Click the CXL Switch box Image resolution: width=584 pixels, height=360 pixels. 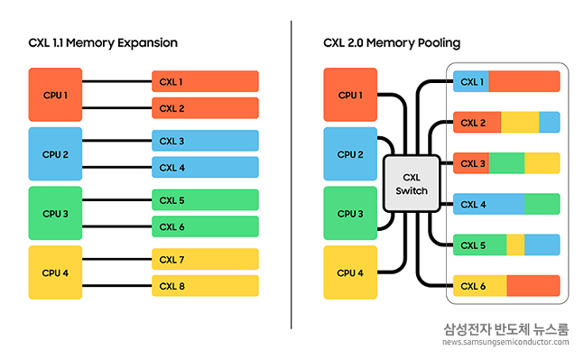click(x=411, y=183)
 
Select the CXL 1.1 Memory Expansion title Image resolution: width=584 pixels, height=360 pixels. click(x=103, y=42)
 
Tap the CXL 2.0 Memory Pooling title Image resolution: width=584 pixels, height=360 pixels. click(x=391, y=42)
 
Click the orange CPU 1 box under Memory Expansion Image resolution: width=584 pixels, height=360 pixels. click(x=55, y=95)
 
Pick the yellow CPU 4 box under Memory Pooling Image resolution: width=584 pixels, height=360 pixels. click(x=351, y=272)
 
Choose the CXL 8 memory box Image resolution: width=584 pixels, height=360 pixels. click(x=205, y=286)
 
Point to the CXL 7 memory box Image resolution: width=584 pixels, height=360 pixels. click(x=205, y=260)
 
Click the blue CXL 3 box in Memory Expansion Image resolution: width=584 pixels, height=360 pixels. click(x=205, y=141)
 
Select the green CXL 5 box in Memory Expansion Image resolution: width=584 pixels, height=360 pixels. click(x=205, y=200)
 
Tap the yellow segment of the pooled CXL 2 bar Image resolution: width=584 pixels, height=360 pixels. click(x=519, y=123)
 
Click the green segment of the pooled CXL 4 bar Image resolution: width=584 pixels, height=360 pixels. click(x=542, y=204)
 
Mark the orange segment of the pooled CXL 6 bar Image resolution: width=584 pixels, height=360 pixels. click(x=533, y=285)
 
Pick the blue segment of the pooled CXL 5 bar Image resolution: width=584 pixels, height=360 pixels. click(x=542, y=245)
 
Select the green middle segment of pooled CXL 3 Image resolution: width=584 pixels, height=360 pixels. click(x=505, y=163)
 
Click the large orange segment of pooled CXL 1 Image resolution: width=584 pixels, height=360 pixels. click(x=524, y=82)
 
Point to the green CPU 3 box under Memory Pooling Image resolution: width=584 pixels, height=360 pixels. click(x=351, y=214)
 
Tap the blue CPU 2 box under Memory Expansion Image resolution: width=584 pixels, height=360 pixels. click(x=55, y=153)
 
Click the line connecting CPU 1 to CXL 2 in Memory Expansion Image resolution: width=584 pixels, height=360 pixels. click(x=117, y=108)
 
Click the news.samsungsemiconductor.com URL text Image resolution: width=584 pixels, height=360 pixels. click(x=505, y=342)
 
